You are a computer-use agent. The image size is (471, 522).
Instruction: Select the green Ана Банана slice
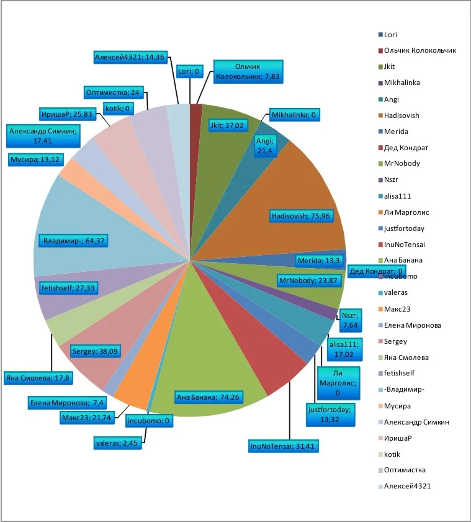pyautogui.click(x=205, y=366)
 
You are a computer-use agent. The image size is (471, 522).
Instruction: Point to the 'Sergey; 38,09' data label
pyautogui.click(x=96, y=350)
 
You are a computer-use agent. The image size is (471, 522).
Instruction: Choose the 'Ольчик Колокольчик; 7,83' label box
pyautogui.click(x=248, y=72)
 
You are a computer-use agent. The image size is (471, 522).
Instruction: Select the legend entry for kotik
pyautogui.click(x=394, y=454)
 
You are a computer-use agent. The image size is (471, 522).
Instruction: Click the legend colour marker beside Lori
pyautogui.click(x=380, y=35)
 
